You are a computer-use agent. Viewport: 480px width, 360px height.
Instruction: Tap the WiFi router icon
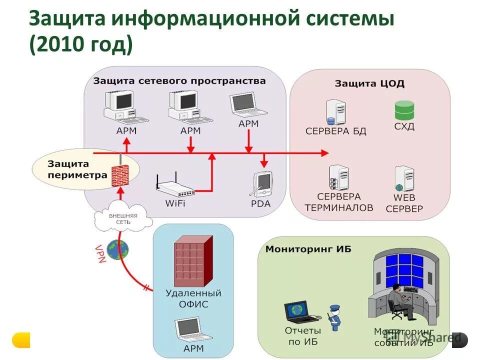point(175,188)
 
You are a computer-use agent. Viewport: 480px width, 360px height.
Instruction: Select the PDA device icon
point(262,184)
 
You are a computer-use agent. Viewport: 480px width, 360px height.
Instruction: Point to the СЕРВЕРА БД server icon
point(335,112)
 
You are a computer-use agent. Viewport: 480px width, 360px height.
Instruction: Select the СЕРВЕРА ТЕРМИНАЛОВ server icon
point(338,179)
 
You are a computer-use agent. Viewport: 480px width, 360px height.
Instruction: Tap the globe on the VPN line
point(117,249)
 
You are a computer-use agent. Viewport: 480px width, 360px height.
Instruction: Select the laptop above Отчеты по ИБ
point(301,312)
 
